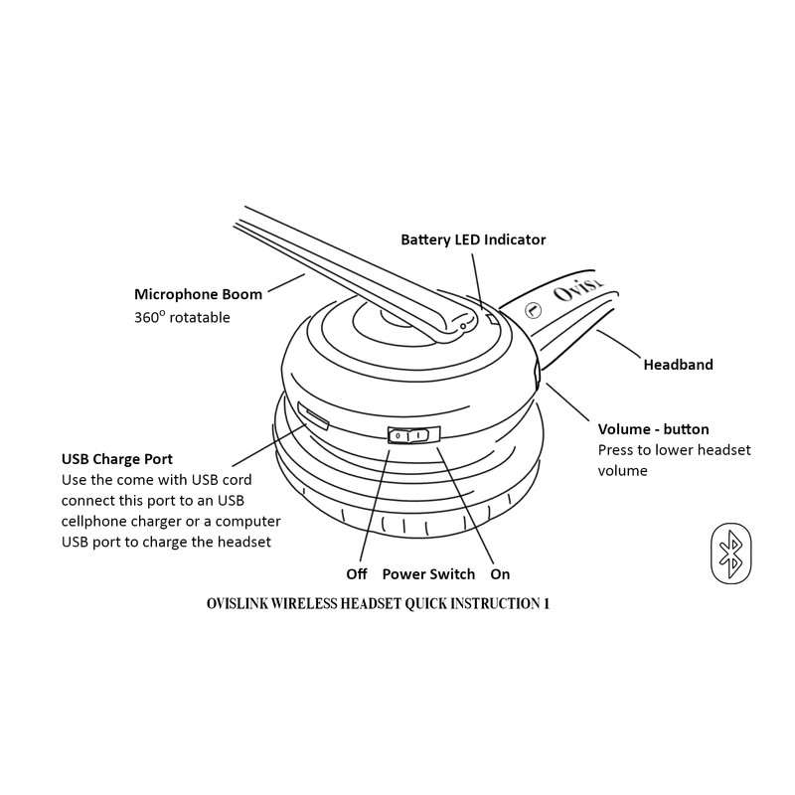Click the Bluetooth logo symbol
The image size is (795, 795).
point(732,553)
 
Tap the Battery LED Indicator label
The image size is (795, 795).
point(473,239)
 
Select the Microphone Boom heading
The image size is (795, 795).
point(198,294)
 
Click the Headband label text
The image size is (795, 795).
point(678,365)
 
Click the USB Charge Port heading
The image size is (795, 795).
point(117,459)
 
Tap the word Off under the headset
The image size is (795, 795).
point(357,574)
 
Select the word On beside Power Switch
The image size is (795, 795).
point(500,574)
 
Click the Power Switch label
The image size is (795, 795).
point(428,574)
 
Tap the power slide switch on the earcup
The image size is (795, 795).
point(409,435)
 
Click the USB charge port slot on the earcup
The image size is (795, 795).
point(313,416)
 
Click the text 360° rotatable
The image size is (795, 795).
point(182,318)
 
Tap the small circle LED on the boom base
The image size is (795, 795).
point(463,325)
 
